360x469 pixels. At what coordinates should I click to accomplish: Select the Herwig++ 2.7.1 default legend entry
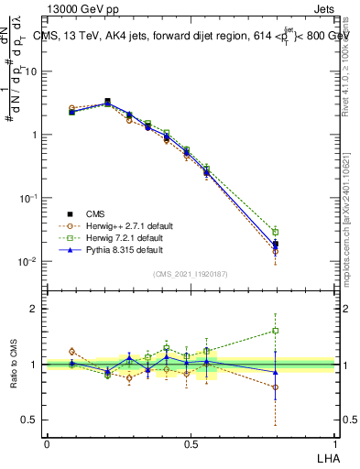click(x=124, y=224)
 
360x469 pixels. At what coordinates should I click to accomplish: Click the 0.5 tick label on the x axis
click(x=190, y=443)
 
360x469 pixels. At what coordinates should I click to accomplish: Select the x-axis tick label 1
click(x=333, y=443)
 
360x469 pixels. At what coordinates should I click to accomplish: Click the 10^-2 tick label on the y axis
click(x=27, y=261)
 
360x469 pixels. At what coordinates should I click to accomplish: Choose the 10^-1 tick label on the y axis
click(x=27, y=198)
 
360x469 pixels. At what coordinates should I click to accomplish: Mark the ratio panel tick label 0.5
click(x=28, y=420)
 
